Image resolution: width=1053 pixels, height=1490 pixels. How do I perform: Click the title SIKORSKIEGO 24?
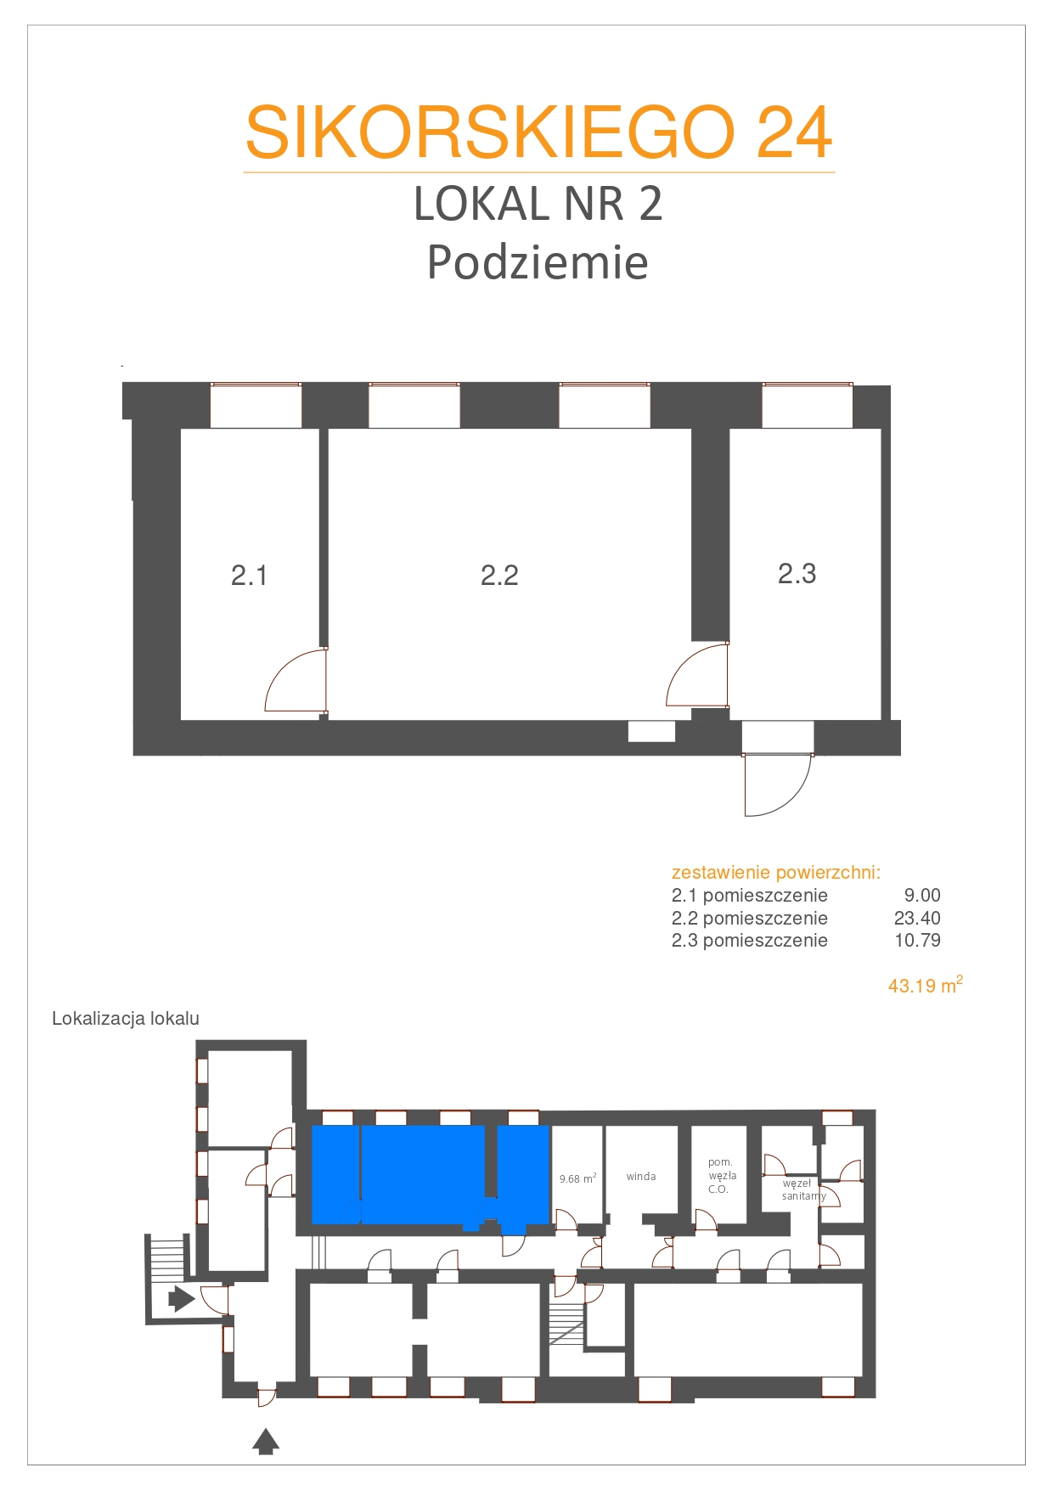pyautogui.click(x=539, y=132)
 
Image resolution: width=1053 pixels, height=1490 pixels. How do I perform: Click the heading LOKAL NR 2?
pyautogui.click(x=538, y=205)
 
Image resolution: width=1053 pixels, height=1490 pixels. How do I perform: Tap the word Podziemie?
pyautogui.click(x=538, y=262)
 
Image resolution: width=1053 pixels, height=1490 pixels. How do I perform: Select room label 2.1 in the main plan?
pyautogui.click(x=249, y=576)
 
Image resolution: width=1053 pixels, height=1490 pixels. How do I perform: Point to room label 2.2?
pyautogui.click(x=499, y=576)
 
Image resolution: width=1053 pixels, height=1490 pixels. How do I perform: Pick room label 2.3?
pyautogui.click(x=797, y=574)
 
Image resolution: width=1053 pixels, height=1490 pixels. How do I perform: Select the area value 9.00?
pyautogui.click(x=922, y=895)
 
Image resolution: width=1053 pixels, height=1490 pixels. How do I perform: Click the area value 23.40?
pyautogui.click(x=917, y=918)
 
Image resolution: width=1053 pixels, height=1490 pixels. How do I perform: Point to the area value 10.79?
pyautogui.click(x=917, y=940)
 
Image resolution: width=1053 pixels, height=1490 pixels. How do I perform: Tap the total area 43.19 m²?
pyautogui.click(x=926, y=985)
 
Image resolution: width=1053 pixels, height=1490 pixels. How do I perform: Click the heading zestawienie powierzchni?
pyautogui.click(x=776, y=873)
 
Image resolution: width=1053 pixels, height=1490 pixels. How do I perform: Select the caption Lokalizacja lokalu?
pyautogui.click(x=126, y=1019)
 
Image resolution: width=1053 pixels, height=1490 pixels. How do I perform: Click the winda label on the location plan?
pyautogui.click(x=641, y=1177)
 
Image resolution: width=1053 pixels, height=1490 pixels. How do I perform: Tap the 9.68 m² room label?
pyautogui.click(x=577, y=1178)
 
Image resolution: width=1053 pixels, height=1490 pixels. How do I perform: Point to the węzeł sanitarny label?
pyautogui.click(x=803, y=1189)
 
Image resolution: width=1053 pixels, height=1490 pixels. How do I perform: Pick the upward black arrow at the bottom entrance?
pyautogui.click(x=267, y=1442)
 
